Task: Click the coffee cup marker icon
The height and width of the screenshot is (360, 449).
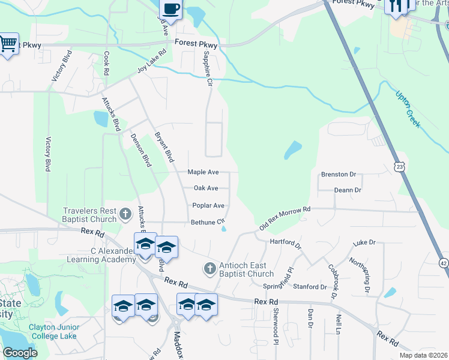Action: [x=171, y=8]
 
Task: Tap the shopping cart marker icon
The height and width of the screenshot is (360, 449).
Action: [x=8, y=43]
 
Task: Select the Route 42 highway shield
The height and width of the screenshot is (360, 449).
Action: [x=444, y=262]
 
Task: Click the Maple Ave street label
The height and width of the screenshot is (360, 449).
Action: [x=203, y=172]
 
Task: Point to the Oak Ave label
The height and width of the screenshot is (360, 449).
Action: [x=206, y=188]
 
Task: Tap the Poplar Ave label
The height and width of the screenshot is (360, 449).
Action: [x=208, y=205]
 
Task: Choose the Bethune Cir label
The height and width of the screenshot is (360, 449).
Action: [x=207, y=222]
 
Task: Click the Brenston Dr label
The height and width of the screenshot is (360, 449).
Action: [x=339, y=174]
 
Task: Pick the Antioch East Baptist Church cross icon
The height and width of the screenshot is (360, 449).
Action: [x=210, y=268]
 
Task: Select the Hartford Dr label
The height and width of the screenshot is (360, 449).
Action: [x=285, y=243]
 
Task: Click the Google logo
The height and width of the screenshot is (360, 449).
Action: [x=20, y=353]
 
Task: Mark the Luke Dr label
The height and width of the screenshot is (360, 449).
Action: [x=364, y=242]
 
